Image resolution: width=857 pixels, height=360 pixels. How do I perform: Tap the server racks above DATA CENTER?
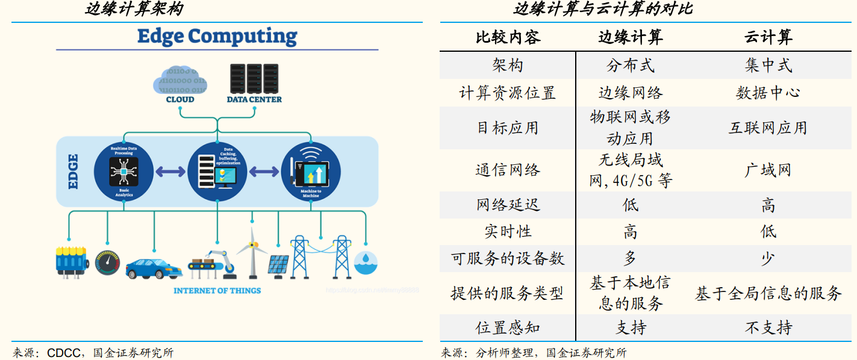(254, 79)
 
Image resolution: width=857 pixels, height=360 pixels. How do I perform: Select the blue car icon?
(154, 267)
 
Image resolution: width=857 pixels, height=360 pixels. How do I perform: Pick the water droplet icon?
(366, 261)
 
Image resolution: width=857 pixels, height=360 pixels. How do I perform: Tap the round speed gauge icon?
(108, 263)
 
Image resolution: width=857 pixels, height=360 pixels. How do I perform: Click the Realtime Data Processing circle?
(123, 171)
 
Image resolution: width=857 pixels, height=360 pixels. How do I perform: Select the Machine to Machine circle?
(311, 171)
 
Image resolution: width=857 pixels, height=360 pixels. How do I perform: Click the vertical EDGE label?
(73, 172)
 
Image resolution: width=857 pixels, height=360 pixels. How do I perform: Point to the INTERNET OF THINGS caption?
(217, 291)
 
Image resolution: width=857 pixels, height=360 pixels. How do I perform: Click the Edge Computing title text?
(217, 36)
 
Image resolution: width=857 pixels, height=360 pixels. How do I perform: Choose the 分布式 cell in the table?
(630, 66)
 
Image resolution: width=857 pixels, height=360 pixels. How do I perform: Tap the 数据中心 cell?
(768, 93)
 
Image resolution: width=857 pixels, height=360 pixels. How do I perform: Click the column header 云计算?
(768, 38)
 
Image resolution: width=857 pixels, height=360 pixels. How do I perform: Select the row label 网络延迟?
(508, 205)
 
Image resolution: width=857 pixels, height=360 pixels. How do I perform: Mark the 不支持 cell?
(768, 327)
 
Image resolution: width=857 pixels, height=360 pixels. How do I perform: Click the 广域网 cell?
(768, 170)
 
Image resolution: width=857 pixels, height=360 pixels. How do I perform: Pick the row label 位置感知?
(508, 327)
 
